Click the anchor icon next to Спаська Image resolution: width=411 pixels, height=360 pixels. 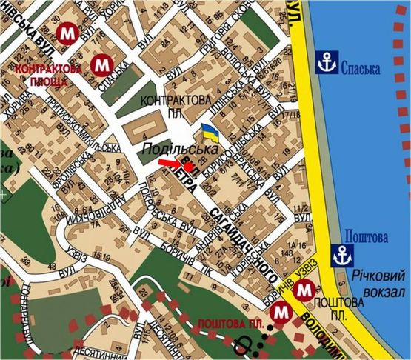[x=325, y=64]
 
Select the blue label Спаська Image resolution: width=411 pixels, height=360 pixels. [x=361, y=69]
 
